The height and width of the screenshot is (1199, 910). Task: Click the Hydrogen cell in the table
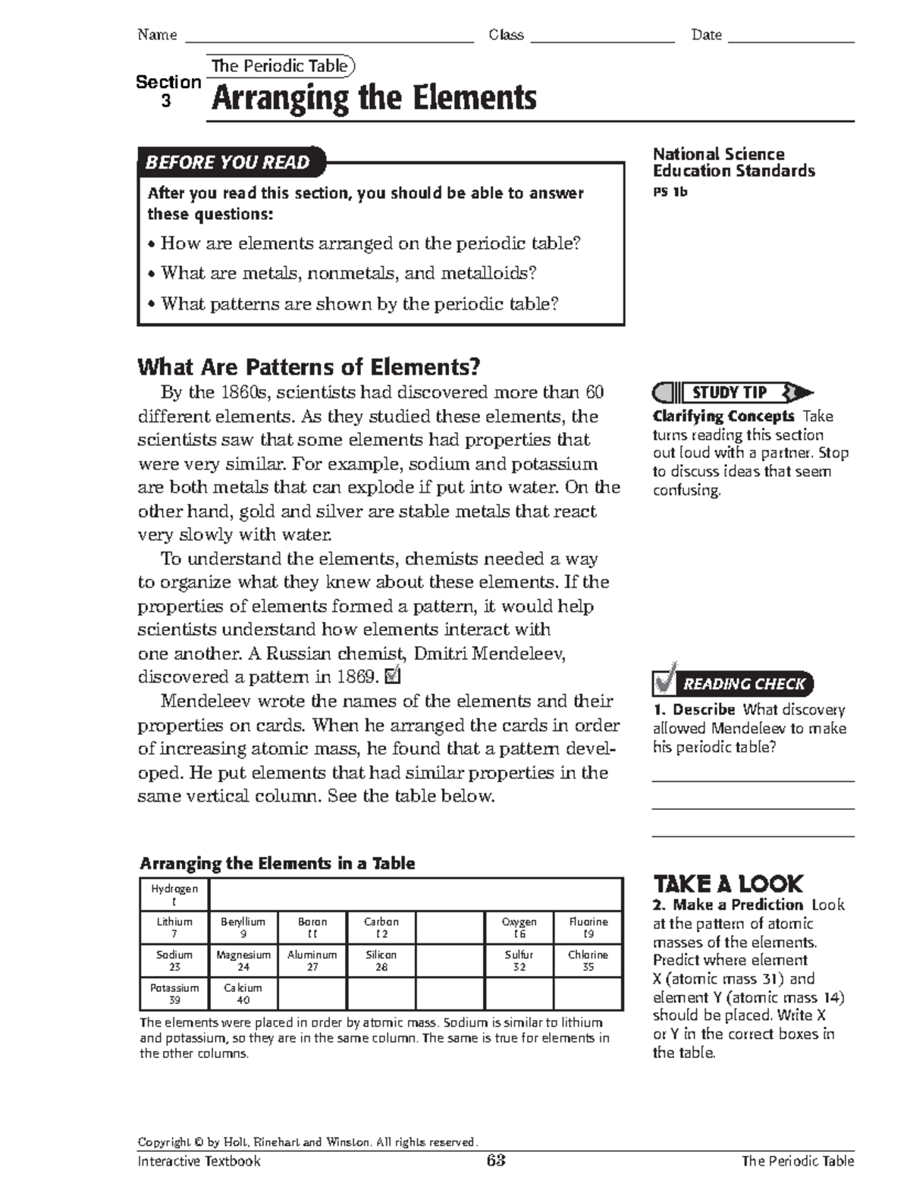click(174, 895)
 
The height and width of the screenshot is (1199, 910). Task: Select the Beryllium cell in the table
click(243, 927)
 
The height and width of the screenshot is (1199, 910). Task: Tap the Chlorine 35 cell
click(588, 961)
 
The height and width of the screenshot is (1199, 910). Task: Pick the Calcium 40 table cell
click(243, 993)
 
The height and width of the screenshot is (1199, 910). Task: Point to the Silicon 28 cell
click(381, 961)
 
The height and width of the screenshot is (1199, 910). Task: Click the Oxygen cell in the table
click(519, 927)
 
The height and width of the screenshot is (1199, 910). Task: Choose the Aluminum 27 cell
click(312, 961)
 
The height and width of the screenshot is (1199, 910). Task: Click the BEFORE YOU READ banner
click(229, 162)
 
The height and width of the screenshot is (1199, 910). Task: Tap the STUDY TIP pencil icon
click(732, 392)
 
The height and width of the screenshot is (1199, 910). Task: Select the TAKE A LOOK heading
click(727, 884)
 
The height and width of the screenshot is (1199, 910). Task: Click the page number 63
click(496, 1161)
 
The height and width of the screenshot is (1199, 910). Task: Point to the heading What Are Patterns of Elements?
click(309, 367)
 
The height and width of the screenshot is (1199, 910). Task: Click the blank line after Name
click(329, 36)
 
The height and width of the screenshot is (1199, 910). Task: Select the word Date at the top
click(706, 35)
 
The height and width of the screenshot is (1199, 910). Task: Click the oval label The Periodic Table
click(280, 66)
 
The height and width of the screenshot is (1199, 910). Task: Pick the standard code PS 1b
click(670, 192)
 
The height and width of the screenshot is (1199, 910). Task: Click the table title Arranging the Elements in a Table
click(278, 863)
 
